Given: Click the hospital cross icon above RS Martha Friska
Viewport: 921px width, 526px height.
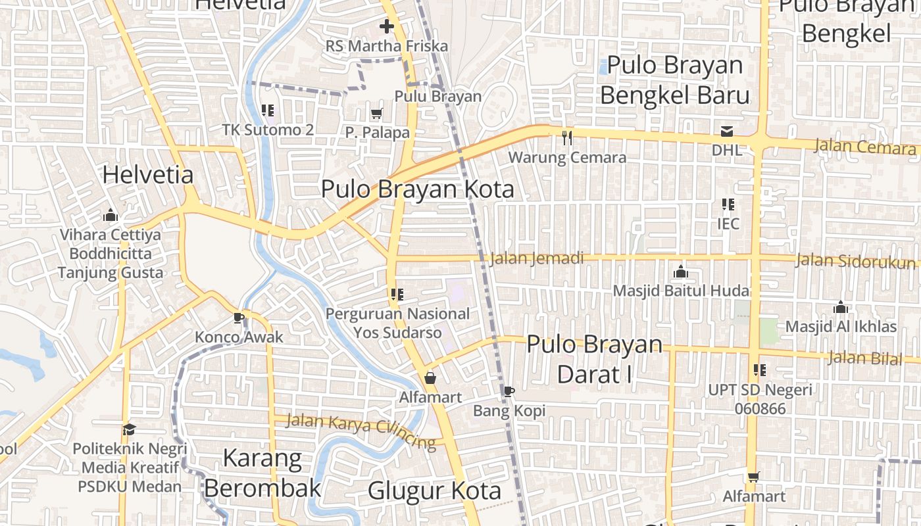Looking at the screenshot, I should tap(386, 27).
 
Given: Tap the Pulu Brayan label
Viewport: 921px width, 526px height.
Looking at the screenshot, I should tap(438, 96).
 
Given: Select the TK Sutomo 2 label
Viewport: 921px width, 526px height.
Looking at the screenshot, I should tap(268, 130).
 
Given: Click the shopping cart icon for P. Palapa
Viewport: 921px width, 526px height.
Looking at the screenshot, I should tap(377, 114).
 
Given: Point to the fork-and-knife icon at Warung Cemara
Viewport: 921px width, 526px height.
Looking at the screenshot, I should tap(567, 138).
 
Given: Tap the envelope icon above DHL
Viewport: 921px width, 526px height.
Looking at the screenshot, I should tap(727, 131).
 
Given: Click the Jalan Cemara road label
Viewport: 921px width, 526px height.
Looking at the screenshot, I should tap(864, 146).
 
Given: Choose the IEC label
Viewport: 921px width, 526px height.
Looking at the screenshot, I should tap(728, 224).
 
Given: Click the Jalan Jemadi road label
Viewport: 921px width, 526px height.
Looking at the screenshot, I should tap(537, 258).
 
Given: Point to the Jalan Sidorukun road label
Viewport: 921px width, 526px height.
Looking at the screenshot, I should tap(855, 260).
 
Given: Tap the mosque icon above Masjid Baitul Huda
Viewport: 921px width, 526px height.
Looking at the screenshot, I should tap(681, 272).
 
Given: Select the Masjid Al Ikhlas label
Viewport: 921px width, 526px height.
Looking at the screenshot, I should tap(841, 326).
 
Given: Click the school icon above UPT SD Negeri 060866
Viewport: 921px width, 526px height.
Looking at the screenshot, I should tap(760, 370).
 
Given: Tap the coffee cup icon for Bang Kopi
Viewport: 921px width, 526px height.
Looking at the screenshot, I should tap(509, 392).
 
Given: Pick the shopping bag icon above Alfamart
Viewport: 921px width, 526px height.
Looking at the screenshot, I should tap(430, 378).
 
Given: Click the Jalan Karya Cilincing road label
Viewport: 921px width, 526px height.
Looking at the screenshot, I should tap(361, 431).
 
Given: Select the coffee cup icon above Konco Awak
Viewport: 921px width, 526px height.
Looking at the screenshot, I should tap(239, 318).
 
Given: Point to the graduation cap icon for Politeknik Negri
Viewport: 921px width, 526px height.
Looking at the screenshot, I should tap(130, 430).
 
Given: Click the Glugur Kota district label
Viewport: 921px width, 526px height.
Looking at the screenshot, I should tap(434, 490).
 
